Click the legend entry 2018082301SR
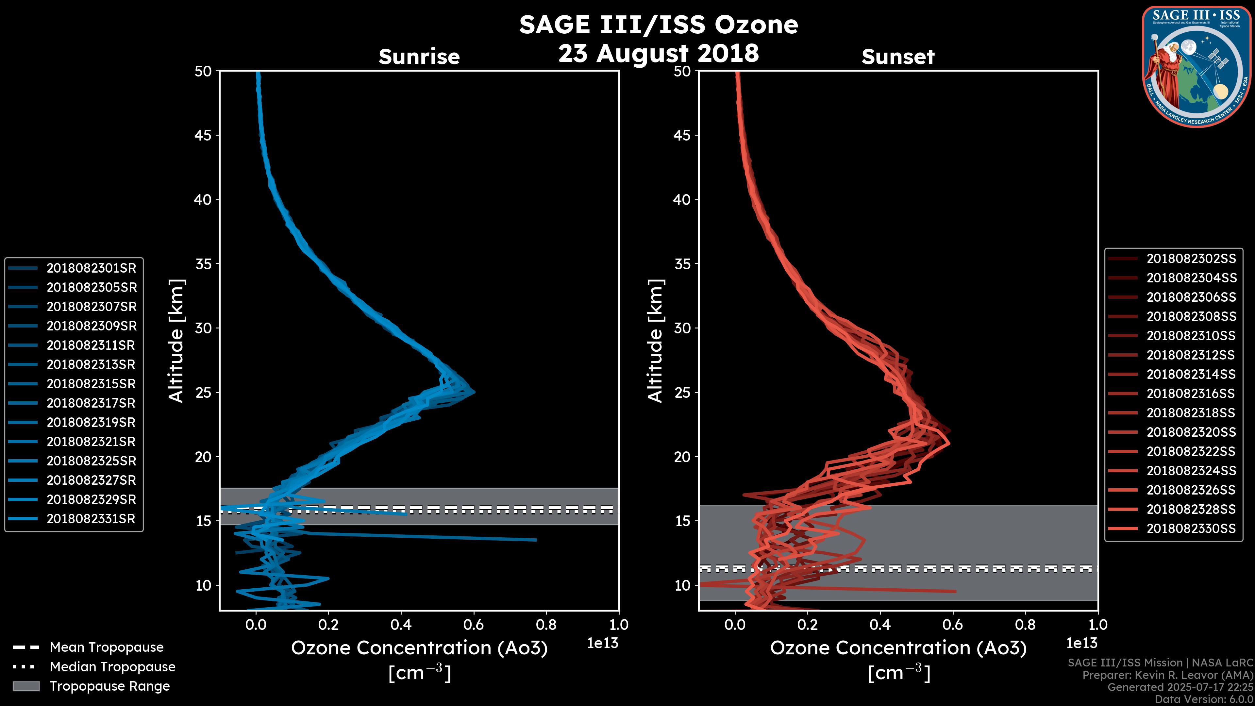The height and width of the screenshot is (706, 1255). (x=91, y=268)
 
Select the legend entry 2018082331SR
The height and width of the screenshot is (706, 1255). (x=91, y=519)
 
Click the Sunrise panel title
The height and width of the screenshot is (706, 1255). (x=419, y=57)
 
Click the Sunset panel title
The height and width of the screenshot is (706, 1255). (x=898, y=57)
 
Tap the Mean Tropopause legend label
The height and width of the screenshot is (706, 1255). (x=107, y=647)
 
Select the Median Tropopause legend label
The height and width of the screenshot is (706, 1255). (x=112, y=667)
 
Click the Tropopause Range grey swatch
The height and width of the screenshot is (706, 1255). (x=26, y=686)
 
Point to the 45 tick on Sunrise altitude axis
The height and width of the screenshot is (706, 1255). (x=204, y=135)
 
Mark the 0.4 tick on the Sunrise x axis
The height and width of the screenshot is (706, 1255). (x=401, y=625)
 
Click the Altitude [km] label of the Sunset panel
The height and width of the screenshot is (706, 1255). (x=656, y=341)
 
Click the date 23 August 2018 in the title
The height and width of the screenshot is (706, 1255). (x=658, y=53)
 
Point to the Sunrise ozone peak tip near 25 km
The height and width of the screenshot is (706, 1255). (x=474, y=392)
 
